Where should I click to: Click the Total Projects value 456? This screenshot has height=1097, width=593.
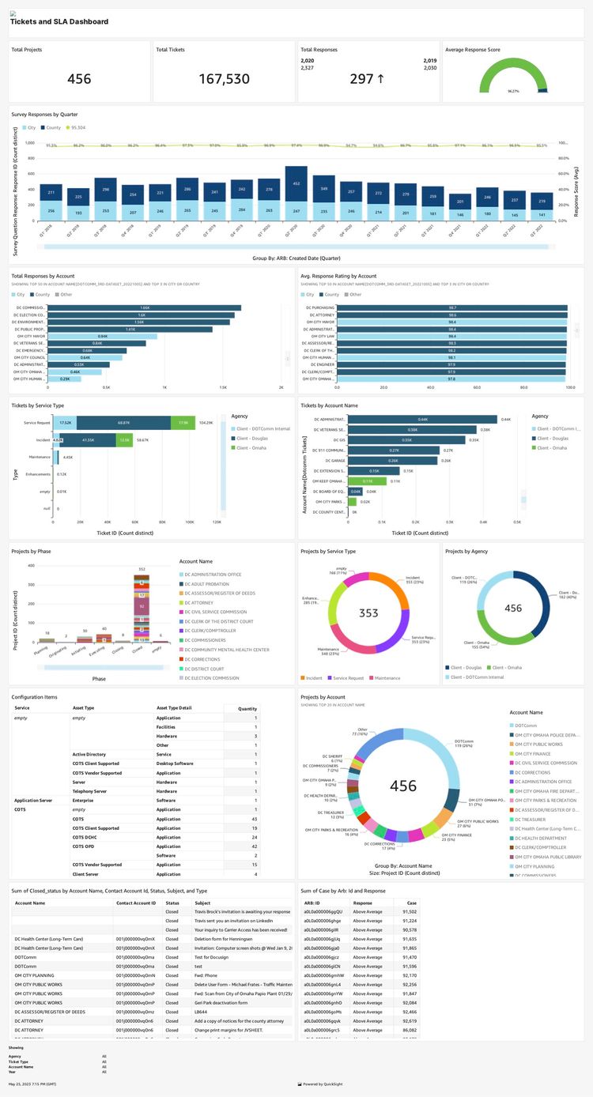coord(79,79)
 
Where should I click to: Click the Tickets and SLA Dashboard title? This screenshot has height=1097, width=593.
coord(59,21)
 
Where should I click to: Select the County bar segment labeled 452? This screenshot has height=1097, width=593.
coord(296,183)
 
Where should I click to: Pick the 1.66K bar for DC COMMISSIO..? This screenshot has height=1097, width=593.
coord(144,307)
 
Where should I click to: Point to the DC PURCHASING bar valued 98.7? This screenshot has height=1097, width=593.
coord(451,307)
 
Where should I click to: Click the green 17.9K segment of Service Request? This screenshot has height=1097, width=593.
coord(183,423)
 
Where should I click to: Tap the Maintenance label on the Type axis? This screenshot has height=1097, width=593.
coord(40,457)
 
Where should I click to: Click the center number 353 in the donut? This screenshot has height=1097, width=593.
coord(368,613)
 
